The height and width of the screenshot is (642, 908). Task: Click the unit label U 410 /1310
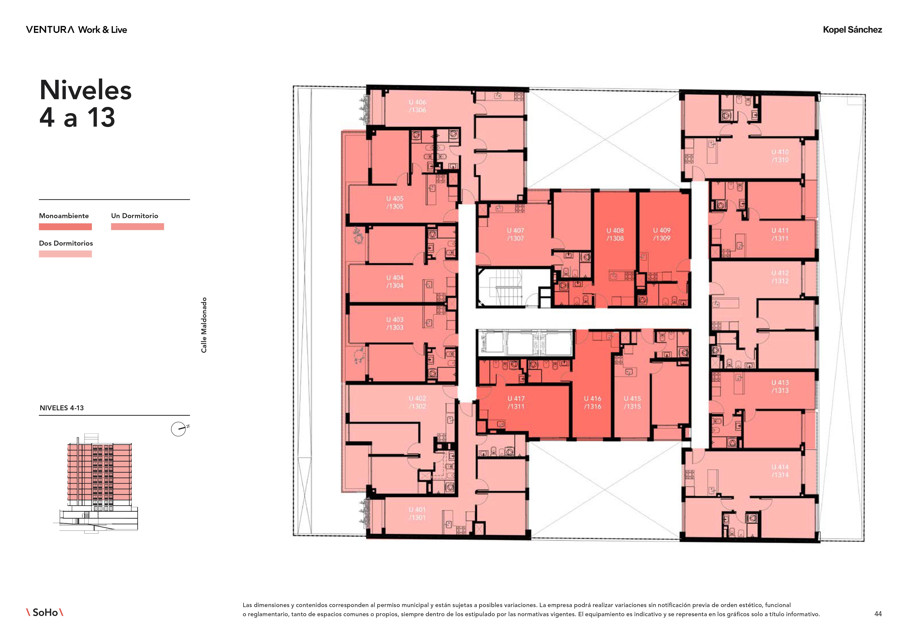pos(780,156)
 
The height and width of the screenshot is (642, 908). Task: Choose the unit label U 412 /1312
pos(780,277)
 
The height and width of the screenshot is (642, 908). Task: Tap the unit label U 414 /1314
pos(780,471)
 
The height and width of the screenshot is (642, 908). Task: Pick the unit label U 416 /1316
pos(592,402)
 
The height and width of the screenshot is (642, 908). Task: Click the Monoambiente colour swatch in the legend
pos(65,227)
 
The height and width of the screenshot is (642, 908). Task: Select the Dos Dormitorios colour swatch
pos(65,254)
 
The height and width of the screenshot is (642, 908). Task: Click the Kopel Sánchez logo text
pos(852,30)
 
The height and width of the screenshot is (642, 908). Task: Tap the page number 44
pos(878,614)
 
